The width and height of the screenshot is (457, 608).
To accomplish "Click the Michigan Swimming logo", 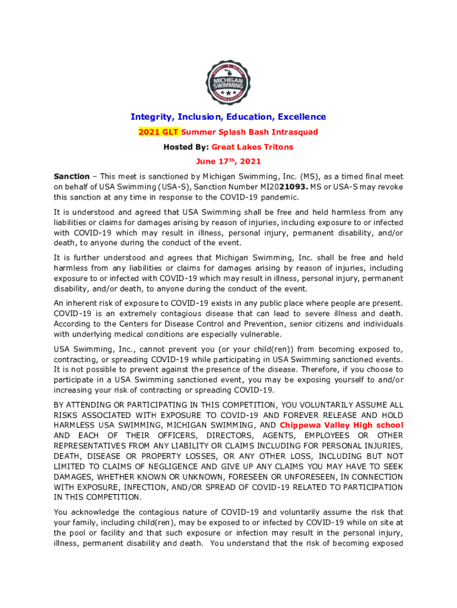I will (228, 83).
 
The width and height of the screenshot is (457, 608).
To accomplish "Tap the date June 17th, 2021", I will (228, 161).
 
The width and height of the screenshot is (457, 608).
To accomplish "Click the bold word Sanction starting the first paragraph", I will (71, 176).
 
